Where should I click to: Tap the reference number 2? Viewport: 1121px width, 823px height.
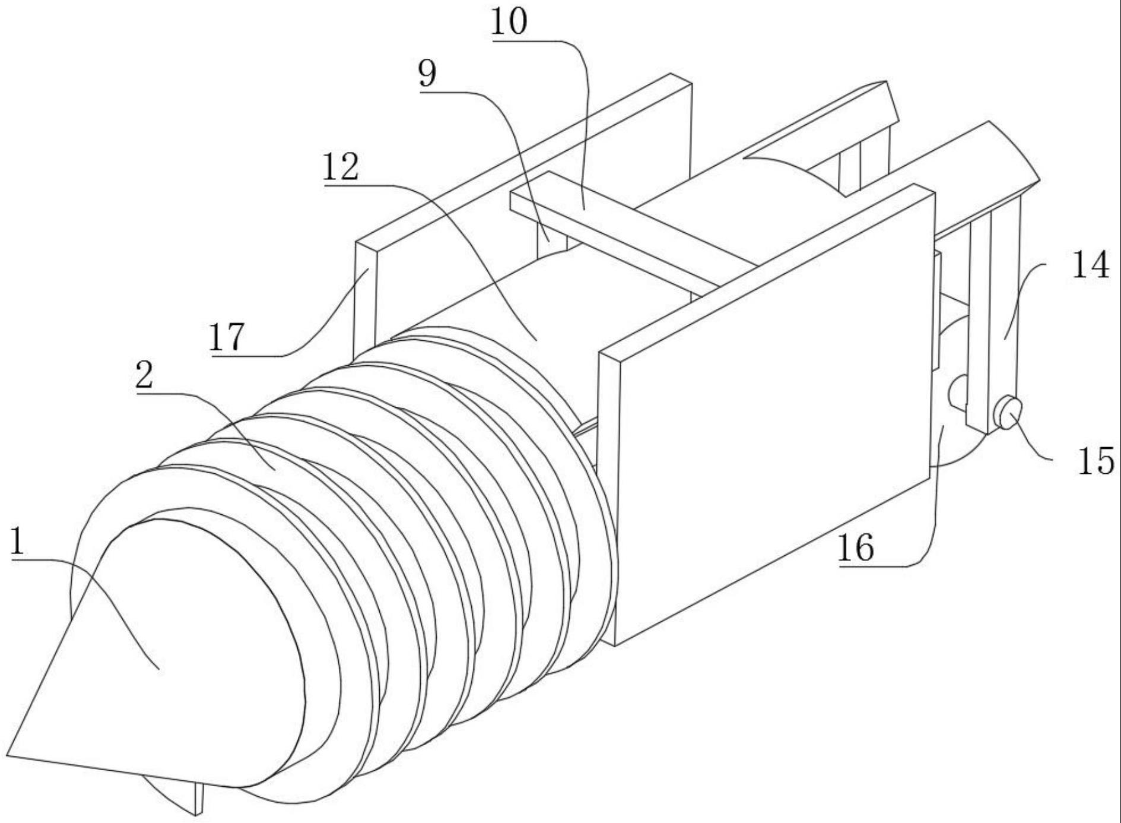coord(144,375)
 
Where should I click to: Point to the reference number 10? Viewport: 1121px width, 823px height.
coord(509,23)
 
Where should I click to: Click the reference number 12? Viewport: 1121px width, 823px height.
coord(341,167)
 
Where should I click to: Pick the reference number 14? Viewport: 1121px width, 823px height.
coord(1090,265)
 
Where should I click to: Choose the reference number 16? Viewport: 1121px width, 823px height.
coord(855,548)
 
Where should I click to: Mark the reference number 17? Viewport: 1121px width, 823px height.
coord(226,337)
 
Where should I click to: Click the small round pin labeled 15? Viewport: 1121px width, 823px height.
coord(1008,411)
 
